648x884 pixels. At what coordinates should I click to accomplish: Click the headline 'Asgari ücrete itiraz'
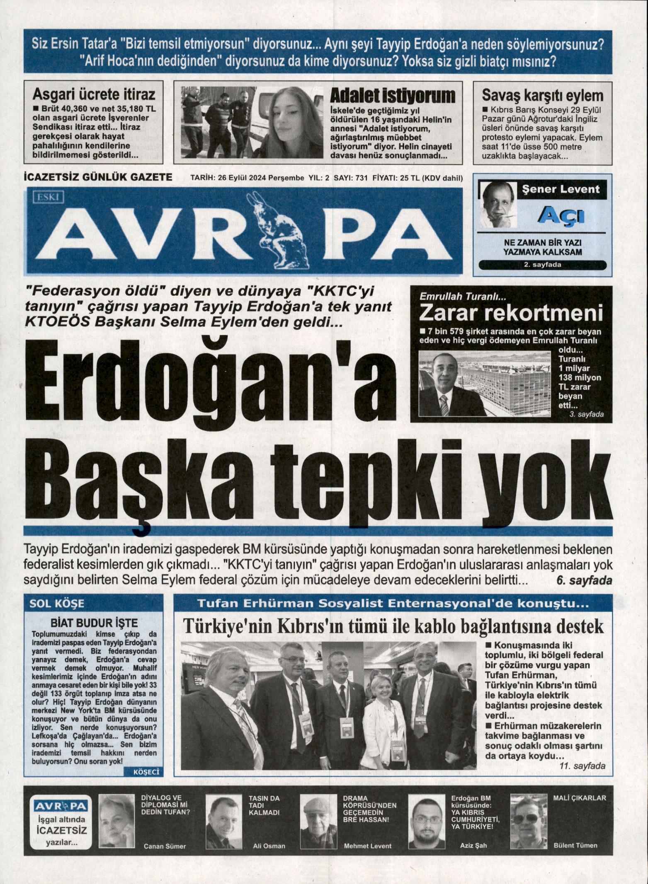(94, 95)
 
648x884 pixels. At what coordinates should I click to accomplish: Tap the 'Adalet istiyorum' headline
(392, 96)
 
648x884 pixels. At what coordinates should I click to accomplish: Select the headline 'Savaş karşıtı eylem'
(542, 95)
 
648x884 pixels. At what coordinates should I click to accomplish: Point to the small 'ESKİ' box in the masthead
(48, 198)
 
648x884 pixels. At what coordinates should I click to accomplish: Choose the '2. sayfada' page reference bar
(542, 265)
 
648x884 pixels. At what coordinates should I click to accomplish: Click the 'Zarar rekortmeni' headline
(511, 314)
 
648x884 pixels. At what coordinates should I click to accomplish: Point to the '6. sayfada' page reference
(585, 581)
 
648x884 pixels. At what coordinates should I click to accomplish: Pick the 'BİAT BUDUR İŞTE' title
(94, 623)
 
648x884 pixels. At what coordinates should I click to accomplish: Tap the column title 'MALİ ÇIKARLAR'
(580, 798)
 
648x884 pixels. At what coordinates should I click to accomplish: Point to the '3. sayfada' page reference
(587, 414)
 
